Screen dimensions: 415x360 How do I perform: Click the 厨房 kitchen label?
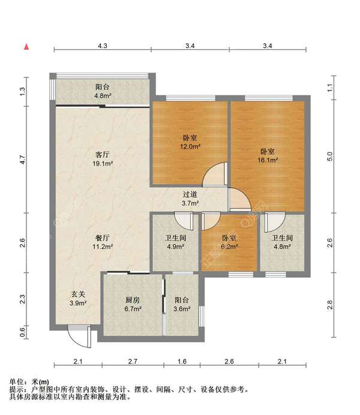pos(133,300)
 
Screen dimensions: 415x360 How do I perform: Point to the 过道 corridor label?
pos(190,194)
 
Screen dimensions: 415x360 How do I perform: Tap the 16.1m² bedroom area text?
pos(268,160)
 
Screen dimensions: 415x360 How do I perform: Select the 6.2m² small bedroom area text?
pos(229,246)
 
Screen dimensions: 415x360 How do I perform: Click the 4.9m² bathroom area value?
pos(175,246)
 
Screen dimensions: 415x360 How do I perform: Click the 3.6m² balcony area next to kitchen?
pos(182,309)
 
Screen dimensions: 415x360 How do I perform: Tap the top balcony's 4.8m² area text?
pos(103,95)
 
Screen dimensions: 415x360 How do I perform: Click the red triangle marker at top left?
pos(26,46)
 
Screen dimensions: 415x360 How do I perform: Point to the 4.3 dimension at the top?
pos(103,46)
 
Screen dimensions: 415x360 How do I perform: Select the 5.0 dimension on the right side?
pos(329,157)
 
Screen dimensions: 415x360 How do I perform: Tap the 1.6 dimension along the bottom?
pos(182,361)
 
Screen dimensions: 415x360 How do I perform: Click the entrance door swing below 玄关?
pos(77,336)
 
